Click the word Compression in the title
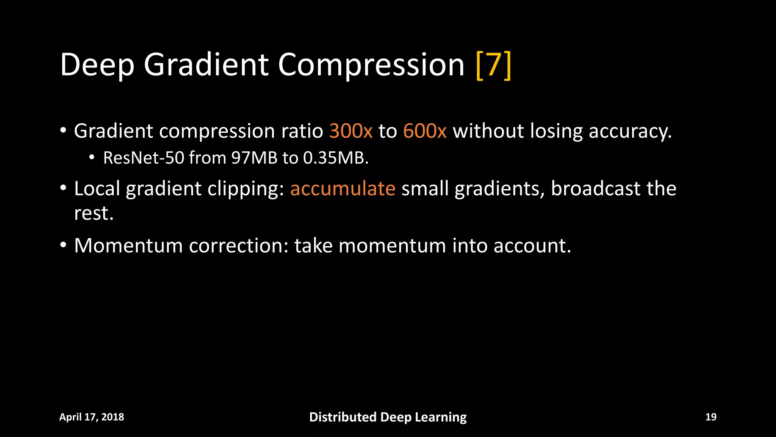(x=371, y=65)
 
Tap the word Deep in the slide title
(x=97, y=65)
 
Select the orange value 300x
(x=351, y=131)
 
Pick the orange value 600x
(x=425, y=131)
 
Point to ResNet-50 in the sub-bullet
(x=143, y=158)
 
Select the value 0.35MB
(x=335, y=158)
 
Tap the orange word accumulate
(x=343, y=189)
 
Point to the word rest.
(x=93, y=214)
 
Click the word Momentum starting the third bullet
(x=128, y=246)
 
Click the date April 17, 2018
(x=92, y=417)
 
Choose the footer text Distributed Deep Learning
(x=388, y=417)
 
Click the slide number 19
(x=710, y=417)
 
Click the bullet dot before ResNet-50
(x=91, y=157)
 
